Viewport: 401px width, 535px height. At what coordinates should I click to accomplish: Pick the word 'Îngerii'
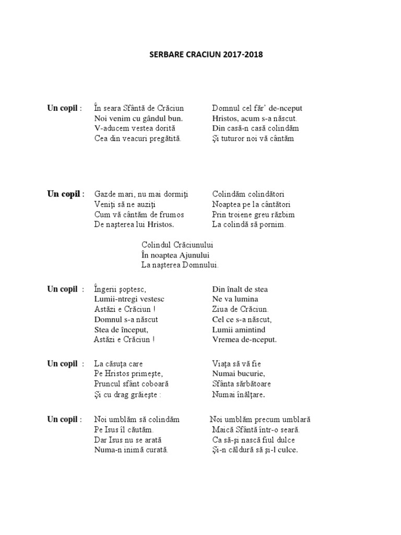coord(107,289)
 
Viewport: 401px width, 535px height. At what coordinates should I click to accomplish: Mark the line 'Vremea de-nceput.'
coord(244,340)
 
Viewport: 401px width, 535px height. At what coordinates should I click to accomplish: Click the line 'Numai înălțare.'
coord(239,394)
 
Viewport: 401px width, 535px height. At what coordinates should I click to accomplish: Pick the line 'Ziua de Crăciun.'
coord(240,309)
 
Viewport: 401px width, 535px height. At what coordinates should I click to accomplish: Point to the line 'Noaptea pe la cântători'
coord(251,204)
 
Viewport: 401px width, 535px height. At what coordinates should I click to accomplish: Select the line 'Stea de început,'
coord(121,330)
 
